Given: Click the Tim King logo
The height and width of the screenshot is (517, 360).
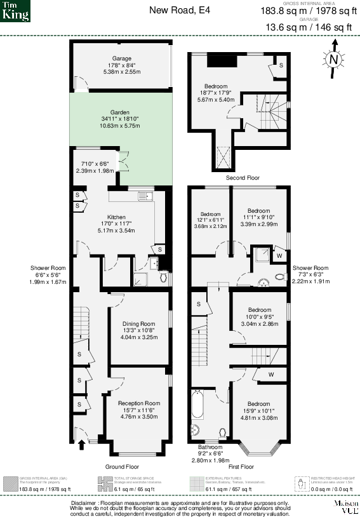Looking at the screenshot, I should click(15, 11).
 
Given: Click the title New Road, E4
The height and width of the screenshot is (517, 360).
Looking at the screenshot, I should click(180, 10).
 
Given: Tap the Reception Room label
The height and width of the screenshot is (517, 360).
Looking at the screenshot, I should click(139, 403).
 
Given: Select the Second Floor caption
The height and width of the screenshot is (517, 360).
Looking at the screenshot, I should click(243, 178).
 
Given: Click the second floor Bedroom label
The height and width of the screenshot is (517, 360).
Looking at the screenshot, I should click(216, 86).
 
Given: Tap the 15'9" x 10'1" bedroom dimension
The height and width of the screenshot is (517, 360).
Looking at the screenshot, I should click(258, 411).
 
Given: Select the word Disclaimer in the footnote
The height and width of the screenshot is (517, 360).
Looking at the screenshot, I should click(84, 502).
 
